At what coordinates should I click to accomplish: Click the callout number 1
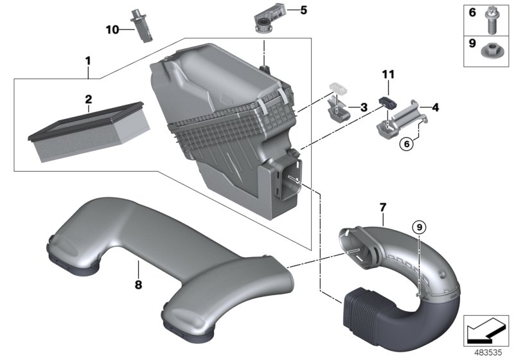pyautogui.click(x=88, y=61)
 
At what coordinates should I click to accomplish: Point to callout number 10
pyautogui.click(x=112, y=29)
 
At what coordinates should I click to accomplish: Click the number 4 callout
pyautogui.click(x=434, y=107)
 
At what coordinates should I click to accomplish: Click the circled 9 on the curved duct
pyautogui.click(x=418, y=226)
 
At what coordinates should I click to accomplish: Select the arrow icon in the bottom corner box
pyautogui.click(x=485, y=331)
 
